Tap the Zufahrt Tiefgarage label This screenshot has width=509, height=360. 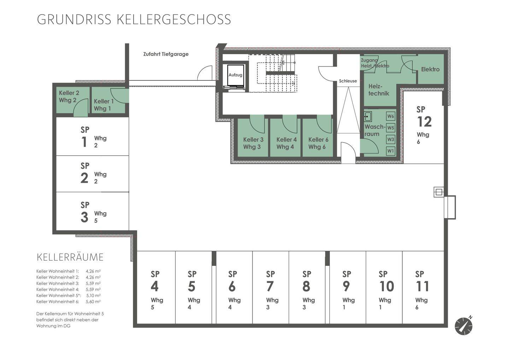point(166,54)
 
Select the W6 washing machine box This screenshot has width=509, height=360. point(390,116)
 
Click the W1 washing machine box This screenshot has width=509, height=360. point(390,151)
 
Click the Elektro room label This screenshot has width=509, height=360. point(430,69)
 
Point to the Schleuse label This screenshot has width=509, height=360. point(348,81)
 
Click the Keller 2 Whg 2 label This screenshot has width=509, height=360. point(69,96)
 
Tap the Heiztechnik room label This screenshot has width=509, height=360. point(379,90)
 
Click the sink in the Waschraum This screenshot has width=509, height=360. point(368,117)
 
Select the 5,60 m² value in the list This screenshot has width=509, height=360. point(93,302)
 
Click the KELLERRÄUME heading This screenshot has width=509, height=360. point(70,257)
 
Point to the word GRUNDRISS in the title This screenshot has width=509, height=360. point(74,19)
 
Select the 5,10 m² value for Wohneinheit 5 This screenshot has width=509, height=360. point(93,295)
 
